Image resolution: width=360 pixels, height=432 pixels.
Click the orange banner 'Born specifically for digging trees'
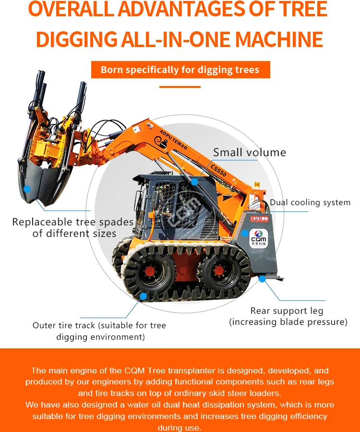pos(180,70)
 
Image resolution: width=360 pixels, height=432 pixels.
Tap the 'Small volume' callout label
pos(249,153)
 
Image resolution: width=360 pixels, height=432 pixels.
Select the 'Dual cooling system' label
pos(310,202)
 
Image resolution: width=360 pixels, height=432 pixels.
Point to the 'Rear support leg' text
pos(287,311)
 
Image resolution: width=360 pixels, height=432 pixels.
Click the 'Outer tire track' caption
pos(99,325)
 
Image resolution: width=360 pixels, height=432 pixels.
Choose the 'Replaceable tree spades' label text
pos(73,222)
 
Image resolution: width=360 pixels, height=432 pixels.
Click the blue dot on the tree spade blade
pos(27,189)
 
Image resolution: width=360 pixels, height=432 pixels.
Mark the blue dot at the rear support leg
pos(262,278)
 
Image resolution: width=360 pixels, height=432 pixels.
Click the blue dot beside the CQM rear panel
pos(244,234)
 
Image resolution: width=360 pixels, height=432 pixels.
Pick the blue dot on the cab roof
pos(194,182)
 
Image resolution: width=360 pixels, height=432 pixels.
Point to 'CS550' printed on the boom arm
pos(219,170)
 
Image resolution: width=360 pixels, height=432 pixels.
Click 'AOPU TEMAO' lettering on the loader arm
pos(172,139)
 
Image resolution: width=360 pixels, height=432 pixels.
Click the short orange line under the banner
pos(180,87)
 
